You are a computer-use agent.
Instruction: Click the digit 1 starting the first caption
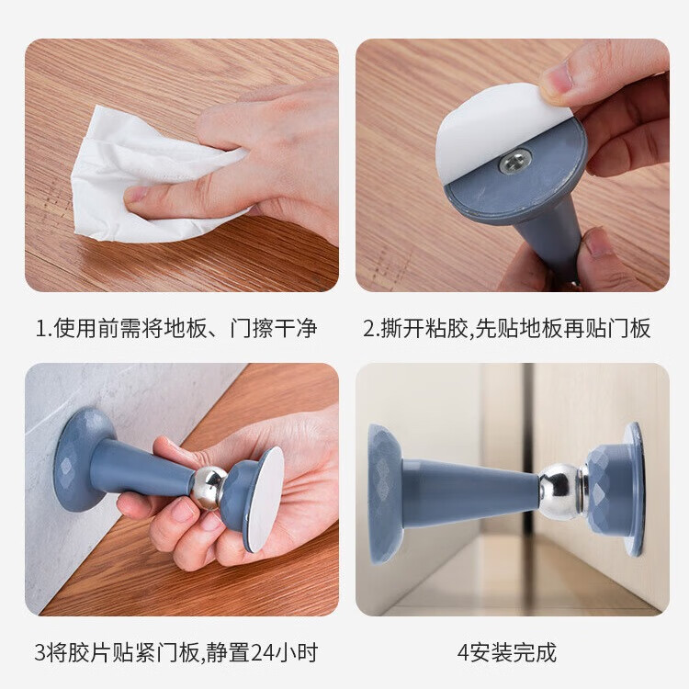pos(40,328)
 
